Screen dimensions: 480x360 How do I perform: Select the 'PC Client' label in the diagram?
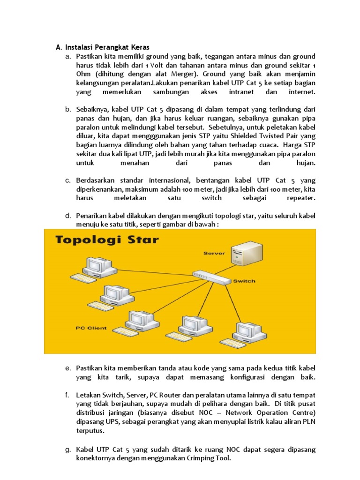click(x=91, y=328)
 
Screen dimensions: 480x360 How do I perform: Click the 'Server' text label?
click(x=214, y=253)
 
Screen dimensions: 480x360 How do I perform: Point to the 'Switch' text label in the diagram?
click(x=244, y=281)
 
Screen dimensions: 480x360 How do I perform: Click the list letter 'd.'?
click(x=68, y=216)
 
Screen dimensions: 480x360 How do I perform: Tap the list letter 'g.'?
click(x=68, y=450)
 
